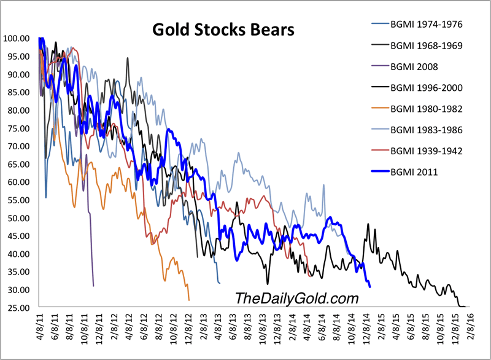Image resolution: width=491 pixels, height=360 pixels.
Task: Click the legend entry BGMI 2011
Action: tap(414, 172)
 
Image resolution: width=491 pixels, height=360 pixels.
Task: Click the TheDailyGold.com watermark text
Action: tap(296, 298)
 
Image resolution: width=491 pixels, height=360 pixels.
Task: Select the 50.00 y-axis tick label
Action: tap(18, 218)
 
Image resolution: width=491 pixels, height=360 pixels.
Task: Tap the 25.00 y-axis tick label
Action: tap(18, 308)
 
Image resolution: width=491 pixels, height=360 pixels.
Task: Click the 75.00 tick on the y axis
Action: tap(18, 128)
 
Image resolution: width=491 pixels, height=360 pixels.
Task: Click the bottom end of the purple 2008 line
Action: tap(93, 286)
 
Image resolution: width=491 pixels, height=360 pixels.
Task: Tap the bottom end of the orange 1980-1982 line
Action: tap(189, 300)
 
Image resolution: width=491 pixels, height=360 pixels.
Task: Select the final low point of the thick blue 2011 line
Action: tap(369, 287)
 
